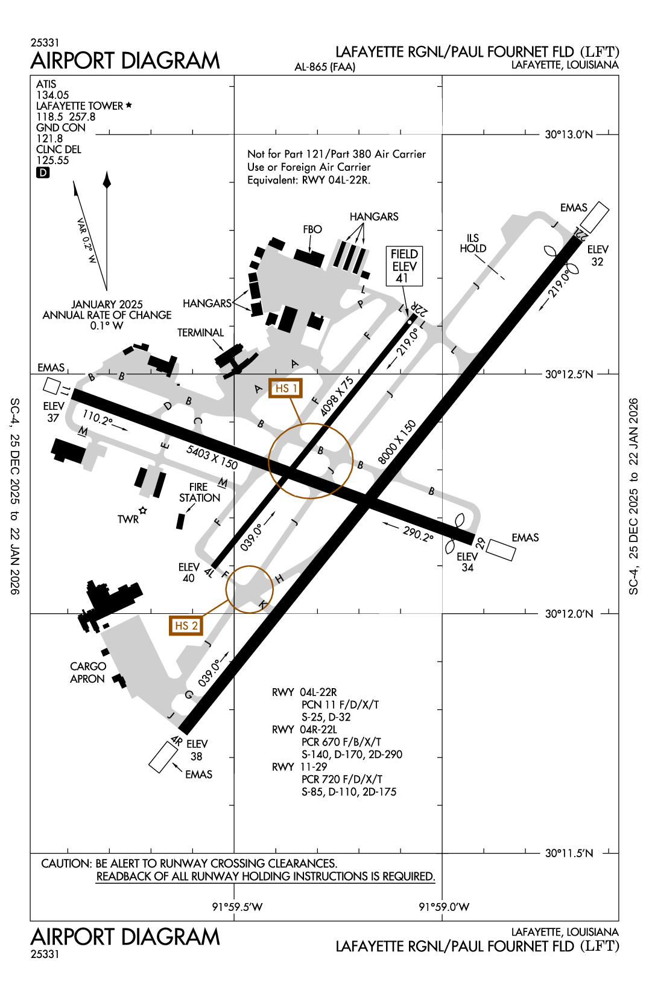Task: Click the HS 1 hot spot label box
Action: click(x=285, y=388)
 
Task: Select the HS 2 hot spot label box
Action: click(x=186, y=625)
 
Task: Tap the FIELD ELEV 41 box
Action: click(x=404, y=266)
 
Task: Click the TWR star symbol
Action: click(x=143, y=511)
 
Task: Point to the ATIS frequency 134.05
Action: click(x=52, y=95)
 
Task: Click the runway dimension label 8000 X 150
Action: click(x=396, y=442)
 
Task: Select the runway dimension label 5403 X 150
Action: click(x=212, y=457)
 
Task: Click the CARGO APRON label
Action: click(x=88, y=672)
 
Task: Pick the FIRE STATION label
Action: click(x=199, y=493)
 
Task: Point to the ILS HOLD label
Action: click(x=473, y=243)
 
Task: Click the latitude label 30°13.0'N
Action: click(x=569, y=135)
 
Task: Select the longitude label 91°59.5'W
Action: click(x=237, y=907)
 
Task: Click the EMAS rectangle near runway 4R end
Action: click(x=163, y=757)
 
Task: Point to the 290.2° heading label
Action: click(x=418, y=534)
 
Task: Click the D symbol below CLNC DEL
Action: click(x=43, y=173)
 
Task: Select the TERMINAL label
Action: click(x=200, y=333)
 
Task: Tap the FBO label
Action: click(x=312, y=229)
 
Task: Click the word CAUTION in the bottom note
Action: click(x=66, y=864)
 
